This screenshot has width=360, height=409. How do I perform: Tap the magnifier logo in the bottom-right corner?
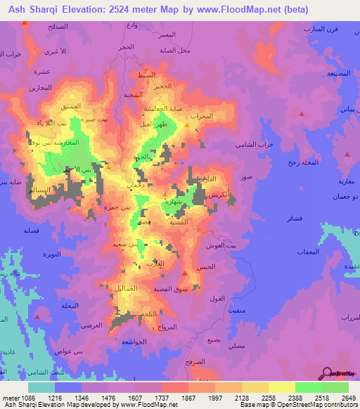coord(328,374)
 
